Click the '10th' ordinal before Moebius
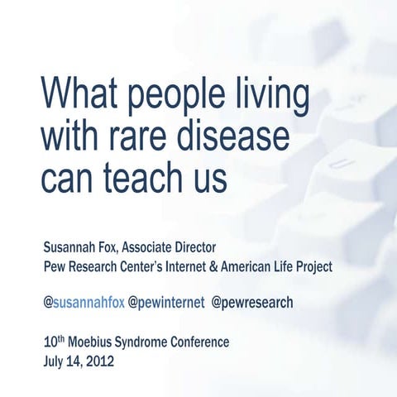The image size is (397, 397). tap(54, 341)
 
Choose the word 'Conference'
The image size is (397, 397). tap(198, 342)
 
